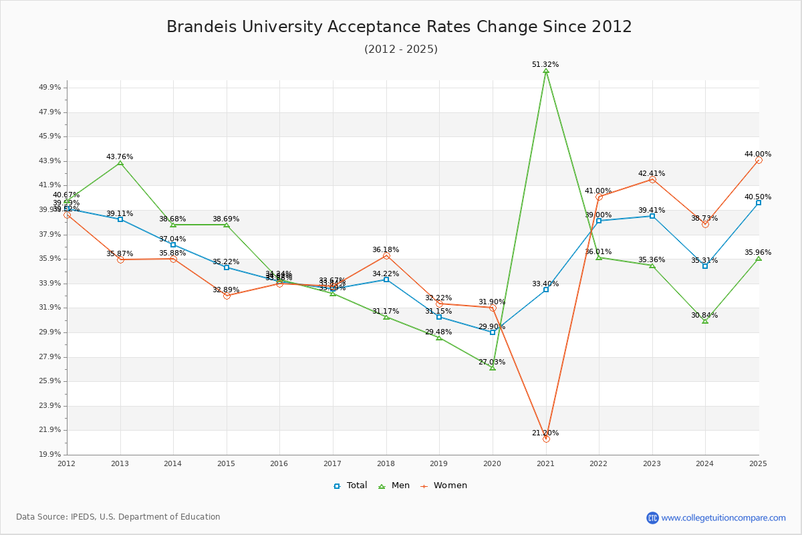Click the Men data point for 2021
[546, 71]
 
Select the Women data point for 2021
[546, 439]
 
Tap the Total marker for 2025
[759, 203]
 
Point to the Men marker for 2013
[120, 163]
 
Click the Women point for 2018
[386, 255]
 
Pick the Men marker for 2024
[705, 321]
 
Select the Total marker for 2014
[173, 245]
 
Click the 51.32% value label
[545, 64]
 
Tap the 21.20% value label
[545, 433]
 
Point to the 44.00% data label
[758, 154]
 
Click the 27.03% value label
[492, 362]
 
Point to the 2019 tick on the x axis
[438, 463]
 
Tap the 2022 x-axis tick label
[598, 463]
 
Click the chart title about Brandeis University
[399, 27]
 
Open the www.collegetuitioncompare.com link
[723, 518]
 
